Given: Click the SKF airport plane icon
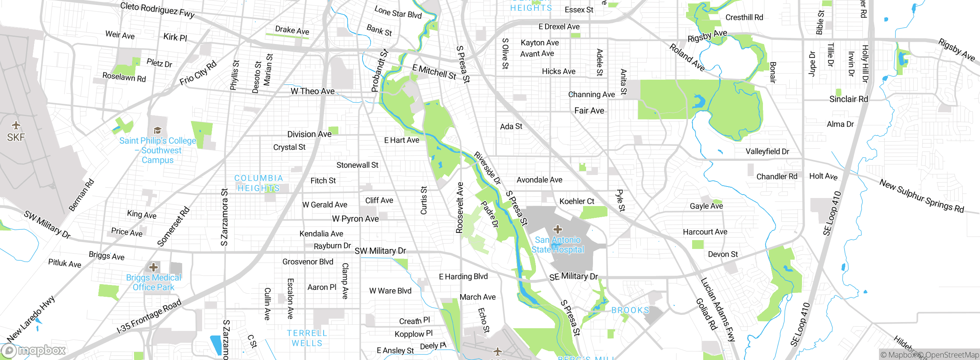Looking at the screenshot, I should click(16, 125).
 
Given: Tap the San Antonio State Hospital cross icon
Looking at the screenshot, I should click(558, 229).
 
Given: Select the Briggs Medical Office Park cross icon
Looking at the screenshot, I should click(154, 267).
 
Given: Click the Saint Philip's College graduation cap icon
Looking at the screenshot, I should click(157, 131).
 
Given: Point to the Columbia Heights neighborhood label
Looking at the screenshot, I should click(259, 183).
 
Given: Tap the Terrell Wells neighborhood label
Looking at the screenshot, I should click(307, 338).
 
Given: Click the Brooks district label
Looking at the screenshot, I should click(630, 310).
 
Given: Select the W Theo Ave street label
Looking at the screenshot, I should click(312, 91).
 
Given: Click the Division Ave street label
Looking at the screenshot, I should click(309, 134).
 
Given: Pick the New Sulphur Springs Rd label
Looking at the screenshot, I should click(921, 196).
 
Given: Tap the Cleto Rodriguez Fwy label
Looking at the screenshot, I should click(157, 10).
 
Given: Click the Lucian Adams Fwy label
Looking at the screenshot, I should click(718, 309).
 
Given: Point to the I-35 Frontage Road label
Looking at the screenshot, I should click(149, 316).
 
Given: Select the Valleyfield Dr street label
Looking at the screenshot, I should click(767, 151).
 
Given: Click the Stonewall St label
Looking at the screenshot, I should click(357, 165).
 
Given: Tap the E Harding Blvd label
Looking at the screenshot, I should click(463, 277).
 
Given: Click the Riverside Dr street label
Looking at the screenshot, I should click(487, 168).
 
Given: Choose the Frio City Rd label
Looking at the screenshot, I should click(198, 73).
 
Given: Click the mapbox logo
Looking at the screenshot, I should click(34, 350).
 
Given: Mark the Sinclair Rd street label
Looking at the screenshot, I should click(848, 99).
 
